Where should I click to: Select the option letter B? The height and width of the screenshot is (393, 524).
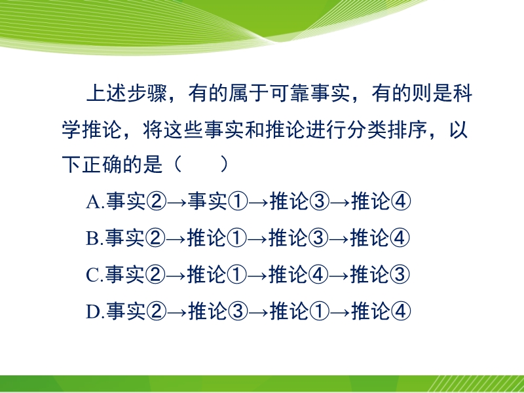pos(92,238)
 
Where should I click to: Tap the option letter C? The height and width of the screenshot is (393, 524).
pos(92,275)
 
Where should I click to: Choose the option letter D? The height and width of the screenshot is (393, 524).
pos(92,312)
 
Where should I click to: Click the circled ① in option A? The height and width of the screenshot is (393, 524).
pos(238,202)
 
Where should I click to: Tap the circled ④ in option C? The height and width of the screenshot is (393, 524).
pos(318,274)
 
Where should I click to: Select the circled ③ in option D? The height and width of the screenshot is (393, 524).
pos(238,312)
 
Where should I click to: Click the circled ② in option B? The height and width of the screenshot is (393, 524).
pos(156,238)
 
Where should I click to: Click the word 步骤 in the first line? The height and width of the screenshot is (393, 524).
pos(147,93)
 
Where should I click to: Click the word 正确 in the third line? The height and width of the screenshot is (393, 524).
pos(102,165)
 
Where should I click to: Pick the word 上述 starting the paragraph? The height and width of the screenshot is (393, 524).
pos(106,93)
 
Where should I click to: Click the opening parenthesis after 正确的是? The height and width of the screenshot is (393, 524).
pos(178,165)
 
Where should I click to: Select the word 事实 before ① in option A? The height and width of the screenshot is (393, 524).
pos(208,202)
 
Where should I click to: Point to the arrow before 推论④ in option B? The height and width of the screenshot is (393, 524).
pos(339,239)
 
